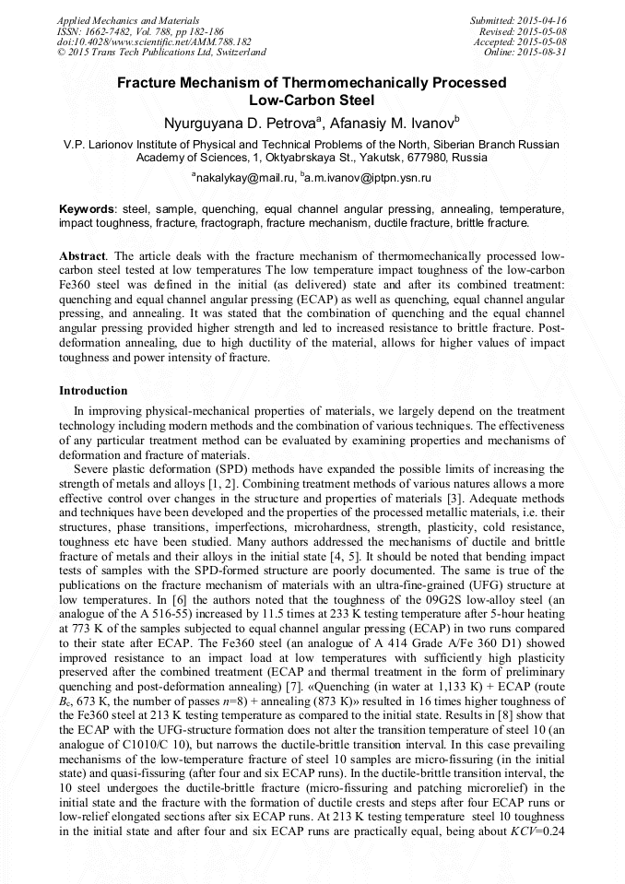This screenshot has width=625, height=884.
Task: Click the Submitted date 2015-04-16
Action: tap(541, 20)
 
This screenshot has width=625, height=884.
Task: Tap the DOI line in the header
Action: tap(154, 42)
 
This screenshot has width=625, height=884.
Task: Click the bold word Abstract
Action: tap(84, 254)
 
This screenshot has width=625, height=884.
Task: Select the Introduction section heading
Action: tap(93, 391)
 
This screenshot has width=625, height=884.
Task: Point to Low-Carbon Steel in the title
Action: tap(312, 100)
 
